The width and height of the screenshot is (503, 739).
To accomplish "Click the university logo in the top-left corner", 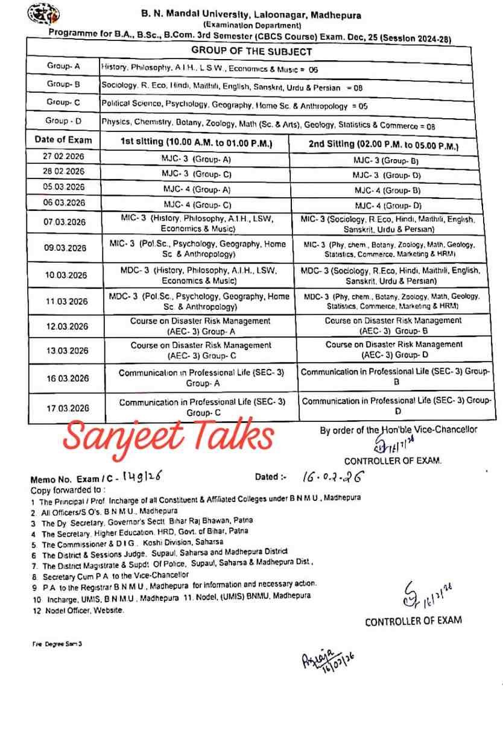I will click(x=43, y=14).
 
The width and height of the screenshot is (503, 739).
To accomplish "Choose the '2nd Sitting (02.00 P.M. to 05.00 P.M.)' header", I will click(x=384, y=146).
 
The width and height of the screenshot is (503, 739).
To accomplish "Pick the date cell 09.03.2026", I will click(x=65, y=248).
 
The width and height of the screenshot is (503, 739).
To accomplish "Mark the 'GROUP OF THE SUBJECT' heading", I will click(x=251, y=52).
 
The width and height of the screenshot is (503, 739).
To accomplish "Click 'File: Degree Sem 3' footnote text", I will click(x=57, y=644).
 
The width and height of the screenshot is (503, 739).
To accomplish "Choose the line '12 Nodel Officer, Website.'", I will click(x=78, y=610).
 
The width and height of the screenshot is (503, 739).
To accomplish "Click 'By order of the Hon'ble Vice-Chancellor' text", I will click(x=398, y=430).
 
